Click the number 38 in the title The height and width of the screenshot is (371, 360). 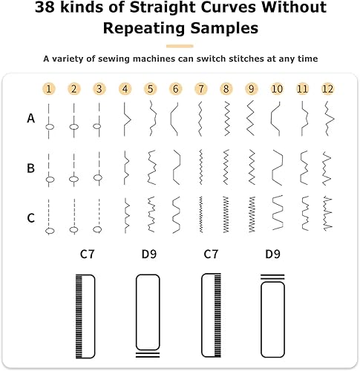tap(45, 7)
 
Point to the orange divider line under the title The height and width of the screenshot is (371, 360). tap(180, 46)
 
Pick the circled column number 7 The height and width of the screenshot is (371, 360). tap(201, 89)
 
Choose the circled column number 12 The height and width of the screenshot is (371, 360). tap(328, 89)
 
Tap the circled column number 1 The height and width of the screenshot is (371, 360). tap(49, 89)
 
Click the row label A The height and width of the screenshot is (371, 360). tap(30, 119)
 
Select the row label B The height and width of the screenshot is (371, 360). tap(30, 168)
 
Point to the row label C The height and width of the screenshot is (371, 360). tap(30, 218)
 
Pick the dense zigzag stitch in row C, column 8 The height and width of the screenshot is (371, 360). tap(226, 214)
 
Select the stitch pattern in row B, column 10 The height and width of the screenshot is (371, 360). tap(278, 168)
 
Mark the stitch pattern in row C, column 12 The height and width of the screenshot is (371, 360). tap(328, 214)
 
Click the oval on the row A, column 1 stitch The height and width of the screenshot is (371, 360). tap(50, 127)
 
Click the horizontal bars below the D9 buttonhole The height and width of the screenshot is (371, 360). tap(148, 355)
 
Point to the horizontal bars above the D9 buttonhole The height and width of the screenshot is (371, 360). tap(272, 277)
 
